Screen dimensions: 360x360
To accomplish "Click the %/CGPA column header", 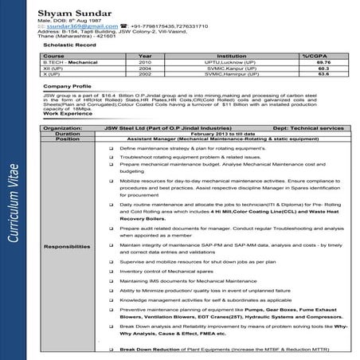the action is click(313, 56).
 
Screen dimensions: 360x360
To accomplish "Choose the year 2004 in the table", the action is click(145, 68).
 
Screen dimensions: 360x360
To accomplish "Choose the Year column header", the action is click(145, 56).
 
